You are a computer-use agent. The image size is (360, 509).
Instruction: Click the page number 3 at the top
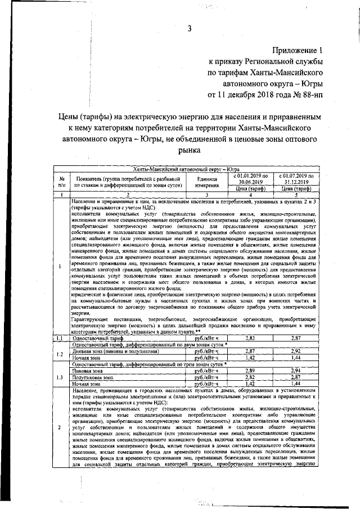pos(190,29)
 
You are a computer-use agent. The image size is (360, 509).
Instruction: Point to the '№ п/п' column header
pos(61,180)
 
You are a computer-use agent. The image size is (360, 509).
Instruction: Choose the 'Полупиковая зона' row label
pos(90,378)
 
